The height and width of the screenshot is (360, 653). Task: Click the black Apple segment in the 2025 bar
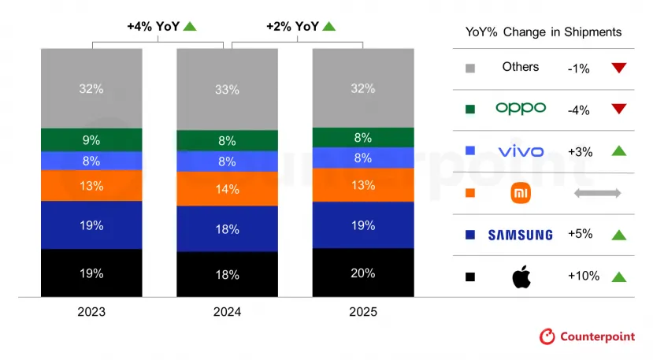(x=363, y=273)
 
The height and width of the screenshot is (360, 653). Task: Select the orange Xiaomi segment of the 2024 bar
(x=227, y=189)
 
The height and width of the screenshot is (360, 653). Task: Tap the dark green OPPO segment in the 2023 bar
(x=91, y=140)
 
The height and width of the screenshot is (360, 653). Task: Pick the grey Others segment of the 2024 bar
(x=227, y=89)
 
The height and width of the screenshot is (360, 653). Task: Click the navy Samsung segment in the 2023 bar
(x=91, y=225)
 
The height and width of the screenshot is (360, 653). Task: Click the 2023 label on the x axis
(x=91, y=312)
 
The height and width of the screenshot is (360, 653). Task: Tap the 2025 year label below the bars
(x=363, y=312)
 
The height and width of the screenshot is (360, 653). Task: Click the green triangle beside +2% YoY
(x=328, y=26)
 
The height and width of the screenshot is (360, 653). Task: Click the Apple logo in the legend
(x=521, y=276)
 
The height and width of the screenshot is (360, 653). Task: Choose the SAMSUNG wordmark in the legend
(x=521, y=235)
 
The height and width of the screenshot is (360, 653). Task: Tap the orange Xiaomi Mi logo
(x=521, y=193)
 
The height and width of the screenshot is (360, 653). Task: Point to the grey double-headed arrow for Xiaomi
(x=598, y=193)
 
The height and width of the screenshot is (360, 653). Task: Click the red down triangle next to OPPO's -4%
(x=618, y=109)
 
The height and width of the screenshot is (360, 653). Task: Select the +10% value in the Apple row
(x=584, y=276)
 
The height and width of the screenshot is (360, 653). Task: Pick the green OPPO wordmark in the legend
(x=521, y=109)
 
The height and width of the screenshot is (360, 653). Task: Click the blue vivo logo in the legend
(x=521, y=151)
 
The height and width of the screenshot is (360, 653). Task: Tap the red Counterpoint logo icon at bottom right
(x=547, y=336)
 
